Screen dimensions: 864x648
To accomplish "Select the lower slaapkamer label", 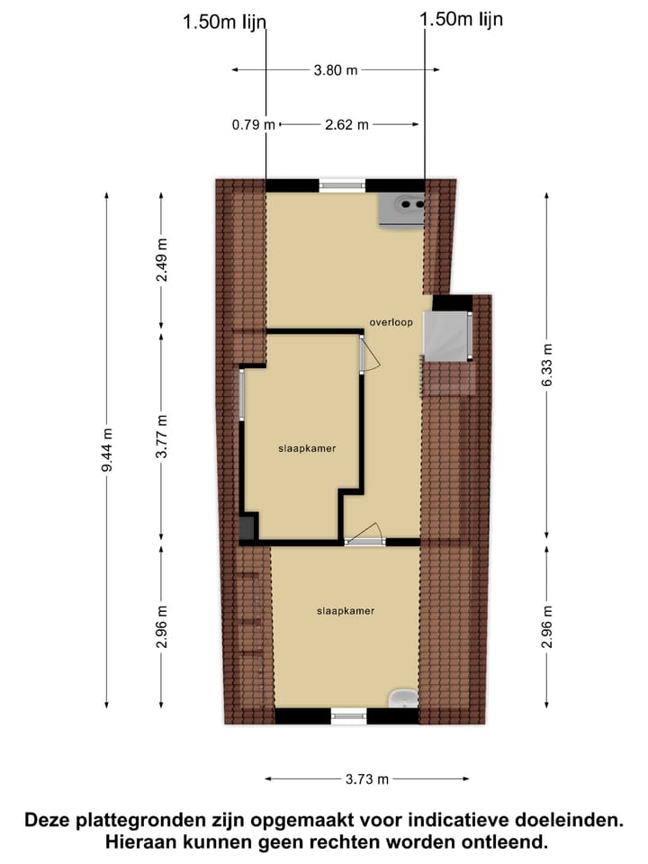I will pos(346,610).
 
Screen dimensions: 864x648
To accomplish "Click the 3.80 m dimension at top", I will pos(335,69).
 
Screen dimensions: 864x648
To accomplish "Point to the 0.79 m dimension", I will pos(254,125).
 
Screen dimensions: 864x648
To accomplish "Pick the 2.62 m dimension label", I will pos(347,125).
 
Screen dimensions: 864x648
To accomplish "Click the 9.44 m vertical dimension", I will pos(107,448).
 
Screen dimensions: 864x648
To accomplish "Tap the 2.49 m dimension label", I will pos(162,261).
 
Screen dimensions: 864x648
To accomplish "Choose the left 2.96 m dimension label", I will pos(162,625).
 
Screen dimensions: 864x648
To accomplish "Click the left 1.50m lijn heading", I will pos(225,22).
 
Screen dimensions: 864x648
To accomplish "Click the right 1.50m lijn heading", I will pos(462,19).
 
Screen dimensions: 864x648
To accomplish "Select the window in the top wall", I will pos(343,184).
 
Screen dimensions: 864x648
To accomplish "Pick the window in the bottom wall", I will pos(349,716).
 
